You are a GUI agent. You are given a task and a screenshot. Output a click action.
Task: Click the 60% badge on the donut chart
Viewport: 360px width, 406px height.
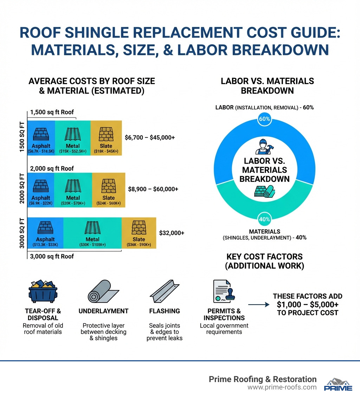pos(264,119)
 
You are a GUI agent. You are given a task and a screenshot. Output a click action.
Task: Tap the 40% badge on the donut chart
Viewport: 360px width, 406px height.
pos(264,219)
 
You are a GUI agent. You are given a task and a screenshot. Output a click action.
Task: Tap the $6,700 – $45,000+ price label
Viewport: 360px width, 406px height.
pos(150,138)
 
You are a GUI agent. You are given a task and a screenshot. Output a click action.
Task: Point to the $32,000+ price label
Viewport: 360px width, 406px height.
pos(172,233)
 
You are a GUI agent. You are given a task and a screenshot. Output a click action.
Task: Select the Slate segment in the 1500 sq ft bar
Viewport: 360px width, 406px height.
pos(106,138)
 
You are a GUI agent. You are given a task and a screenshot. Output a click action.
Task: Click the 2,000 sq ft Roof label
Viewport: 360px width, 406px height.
pos(52,169)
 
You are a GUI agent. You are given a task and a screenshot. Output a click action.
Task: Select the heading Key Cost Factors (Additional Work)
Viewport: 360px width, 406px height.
pos(264,261)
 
